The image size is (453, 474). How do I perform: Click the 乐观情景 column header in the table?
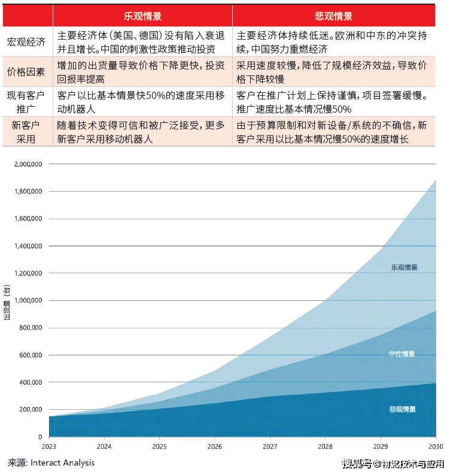pyautogui.click(x=142, y=16)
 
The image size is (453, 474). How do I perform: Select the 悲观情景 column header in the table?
pyautogui.click(x=333, y=16)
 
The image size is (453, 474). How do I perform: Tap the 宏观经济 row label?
pyautogui.click(x=26, y=42)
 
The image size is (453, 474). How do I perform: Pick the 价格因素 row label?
pyautogui.click(x=26, y=72)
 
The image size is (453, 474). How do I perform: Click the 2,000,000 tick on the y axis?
pyautogui.click(x=28, y=164)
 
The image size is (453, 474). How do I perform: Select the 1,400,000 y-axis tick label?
pyautogui.click(x=28, y=246)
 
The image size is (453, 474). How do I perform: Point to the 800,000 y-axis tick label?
pyautogui.click(x=29, y=328)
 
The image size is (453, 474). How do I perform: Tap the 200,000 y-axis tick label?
pyautogui.click(x=29, y=410)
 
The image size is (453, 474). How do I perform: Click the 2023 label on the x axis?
pyautogui.click(x=48, y=446)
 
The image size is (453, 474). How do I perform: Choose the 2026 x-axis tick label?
pyautogui.click(x=214, y=446)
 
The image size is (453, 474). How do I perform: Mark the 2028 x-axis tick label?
pyautogui.click(x=325, y=446)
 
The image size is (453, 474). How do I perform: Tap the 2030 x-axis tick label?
pyautogui.click(x=435, y=446)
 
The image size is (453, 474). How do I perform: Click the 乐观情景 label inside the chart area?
pyautogui.click(x=404, y=268)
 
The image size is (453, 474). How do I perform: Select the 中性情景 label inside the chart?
pyautogui.click(x=402, y=354)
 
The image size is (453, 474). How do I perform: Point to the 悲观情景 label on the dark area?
pyautogui.click(x=402, y=409)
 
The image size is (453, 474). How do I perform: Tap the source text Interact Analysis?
pyautogui.click(x=62, y=463)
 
